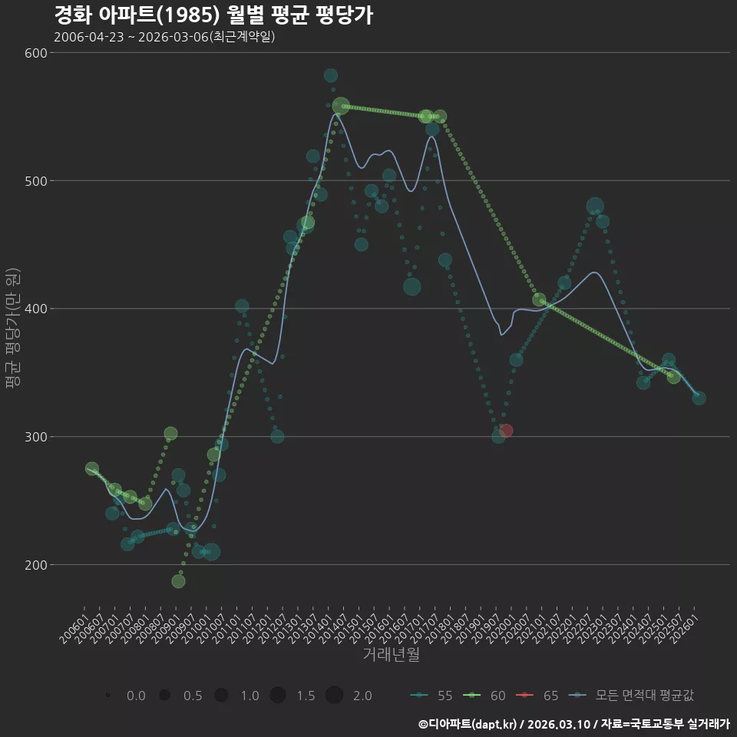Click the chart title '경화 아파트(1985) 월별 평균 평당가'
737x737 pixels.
pyautogui.click(x=214, y=15)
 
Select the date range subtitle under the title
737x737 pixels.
pyautogui.click(x=164, y=37)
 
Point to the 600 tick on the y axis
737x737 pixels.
pyautogui.click(x=36, y=53)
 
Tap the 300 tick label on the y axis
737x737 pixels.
pyautogui.click(x=36, y=437)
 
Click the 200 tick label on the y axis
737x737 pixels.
pyautogui.click(x=36, y=565)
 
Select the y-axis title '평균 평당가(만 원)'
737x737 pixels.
pyautogui.click(x=13, y=328)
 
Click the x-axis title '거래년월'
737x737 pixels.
pyautogui.click(x=391, y=654)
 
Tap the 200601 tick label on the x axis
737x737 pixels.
pyautogui.click(x=73, y=628)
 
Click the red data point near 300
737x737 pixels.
pyautogui.click(x=506, y=431)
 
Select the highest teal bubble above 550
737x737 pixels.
pyautogui.click(x=330, y=75)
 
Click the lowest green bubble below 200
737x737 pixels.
pyautogui.click(x=178, y=581)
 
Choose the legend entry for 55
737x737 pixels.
pyautogui.click(x=431, y=696)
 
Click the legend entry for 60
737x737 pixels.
pyautogui.click(x=484, y=696)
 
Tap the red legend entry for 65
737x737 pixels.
pyautogui.click(x=537, y=696)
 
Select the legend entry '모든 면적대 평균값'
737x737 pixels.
pyautogui.click(x=631, y=696)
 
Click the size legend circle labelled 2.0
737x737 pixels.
pyautogui.click(x=334, y=695)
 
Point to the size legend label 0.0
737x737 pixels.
pyautogui.click(x=137, y=696)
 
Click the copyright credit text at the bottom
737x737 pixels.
pyautogui.click(x=574, y=724)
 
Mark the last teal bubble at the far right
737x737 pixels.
pyautogui.click(x=699, y=398)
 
